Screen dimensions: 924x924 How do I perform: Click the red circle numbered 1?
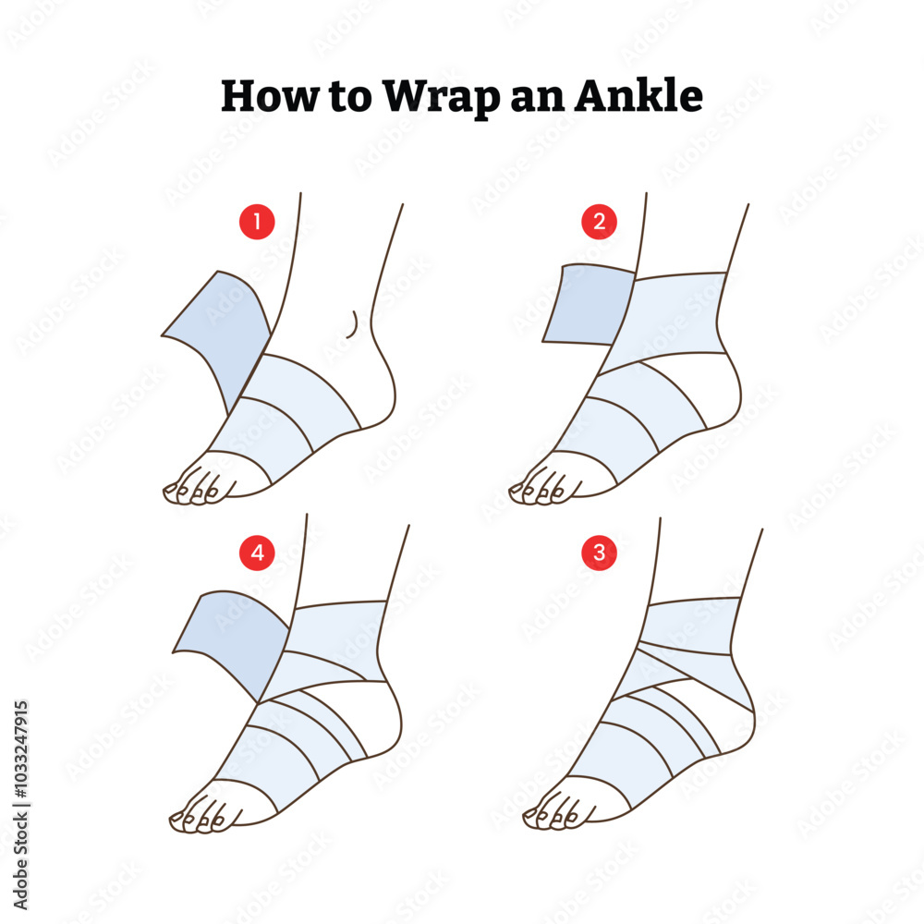click(258, 222)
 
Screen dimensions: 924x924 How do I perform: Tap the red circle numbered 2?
click(600, 222)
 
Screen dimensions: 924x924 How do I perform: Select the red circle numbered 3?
click(600, 553)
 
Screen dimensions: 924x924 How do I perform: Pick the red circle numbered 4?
click(258, 553)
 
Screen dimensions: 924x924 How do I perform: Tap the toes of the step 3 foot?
click(551, 814)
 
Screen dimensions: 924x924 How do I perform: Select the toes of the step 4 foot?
click(199, 817)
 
